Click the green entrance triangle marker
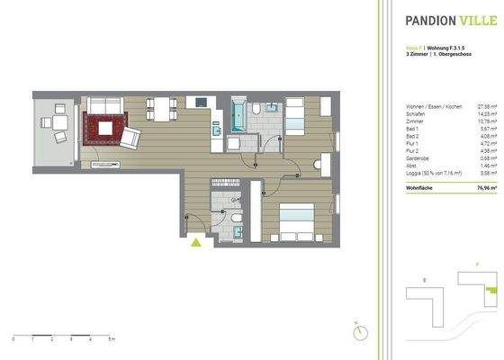tap(196, 240)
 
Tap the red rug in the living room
tap(105, 128)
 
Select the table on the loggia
tap(58, 125)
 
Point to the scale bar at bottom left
tap(62, 335)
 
